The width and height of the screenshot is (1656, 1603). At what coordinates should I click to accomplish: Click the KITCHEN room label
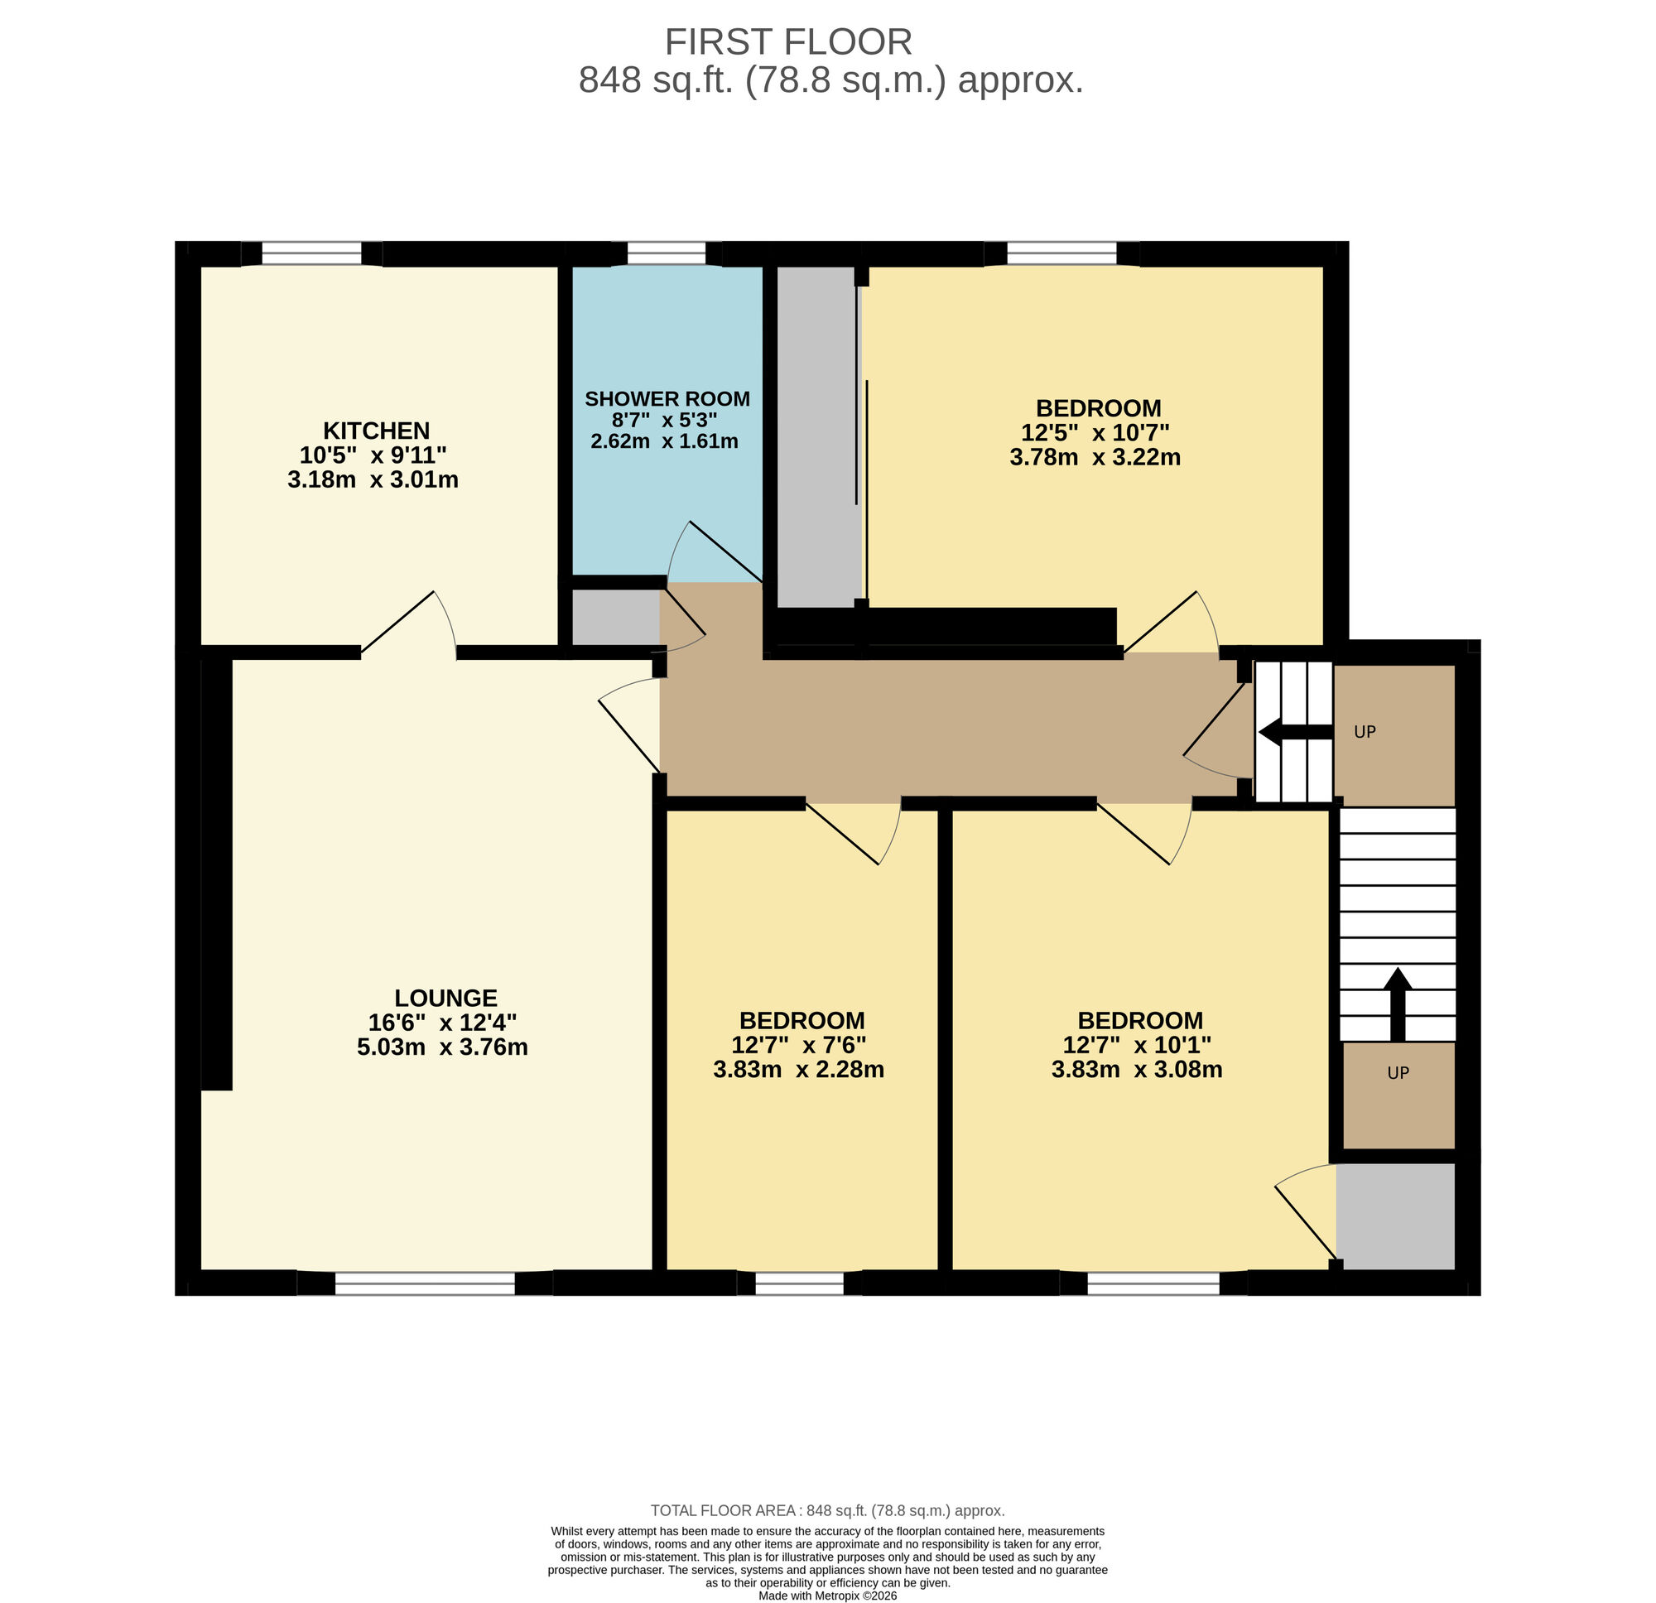pyautogui.click(x=376, y=430)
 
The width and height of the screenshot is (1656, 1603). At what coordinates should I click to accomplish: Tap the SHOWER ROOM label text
pyautogui.click(x=667, y=399)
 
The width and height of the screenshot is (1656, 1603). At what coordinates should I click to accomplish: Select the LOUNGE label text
pyautogui.click(x=445, y=998)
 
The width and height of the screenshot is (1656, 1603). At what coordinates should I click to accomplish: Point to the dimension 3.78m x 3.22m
pyautogui.click(x=1094, y=457)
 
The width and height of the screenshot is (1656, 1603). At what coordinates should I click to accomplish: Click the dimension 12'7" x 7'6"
pyautogui.click(x=798, y=1045)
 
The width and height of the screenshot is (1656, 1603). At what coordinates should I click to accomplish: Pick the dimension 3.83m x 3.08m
pyautogui.click(x=1136, y=1070)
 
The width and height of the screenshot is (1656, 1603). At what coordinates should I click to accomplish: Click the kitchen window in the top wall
pyautogui.click(x=312, y=253)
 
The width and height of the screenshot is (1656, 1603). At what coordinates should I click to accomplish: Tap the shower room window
pyautogui.click(x=666, y=253)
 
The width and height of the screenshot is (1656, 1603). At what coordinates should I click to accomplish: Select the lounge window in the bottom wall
pyautogui.click(x=424, y=1283)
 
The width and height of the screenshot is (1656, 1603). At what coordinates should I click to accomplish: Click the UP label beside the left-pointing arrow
pyautogui.click(x=1365, y=732)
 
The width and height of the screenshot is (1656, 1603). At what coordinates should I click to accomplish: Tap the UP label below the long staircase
pyautogui.click(x=1398, y=1073)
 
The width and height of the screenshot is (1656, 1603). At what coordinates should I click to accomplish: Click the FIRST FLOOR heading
pyautogui.click(x=787, y=42)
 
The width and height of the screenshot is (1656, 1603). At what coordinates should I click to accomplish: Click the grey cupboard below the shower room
pyautogui.click(x=615, y=617)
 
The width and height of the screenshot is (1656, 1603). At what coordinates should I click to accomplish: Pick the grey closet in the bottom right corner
pyautogui.click(x=1395, y=1217)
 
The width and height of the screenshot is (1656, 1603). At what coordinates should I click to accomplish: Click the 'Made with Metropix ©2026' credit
pyautogui.click(x=827, y=1596)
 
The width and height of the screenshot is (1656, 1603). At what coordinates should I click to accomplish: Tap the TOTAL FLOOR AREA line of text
pyautogui.click(x=827, y=1510)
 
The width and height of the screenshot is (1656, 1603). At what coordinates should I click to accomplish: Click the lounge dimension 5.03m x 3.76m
pyautogui.click(x=442, y=1047)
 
